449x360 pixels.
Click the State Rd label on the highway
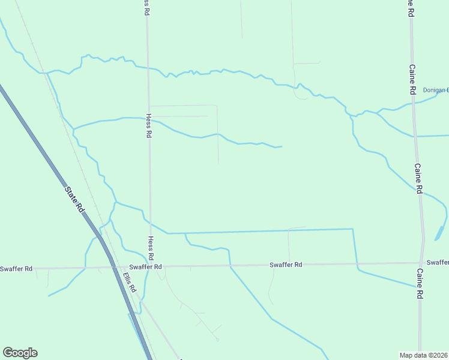(x=75, y=200)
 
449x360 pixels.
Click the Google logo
(x=20, y=353)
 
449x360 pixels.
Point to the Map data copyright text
(x=424, y=355)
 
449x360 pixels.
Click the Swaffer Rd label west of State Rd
(x=16, y=269)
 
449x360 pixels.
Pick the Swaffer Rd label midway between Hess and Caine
(x=285, y=265)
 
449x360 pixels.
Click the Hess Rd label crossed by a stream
(x=148, y=127)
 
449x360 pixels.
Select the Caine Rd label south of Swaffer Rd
(x=420, y=284)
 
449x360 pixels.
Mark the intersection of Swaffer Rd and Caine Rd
(x=420, y=263)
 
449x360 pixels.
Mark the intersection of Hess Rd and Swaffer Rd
(x=150, y=266)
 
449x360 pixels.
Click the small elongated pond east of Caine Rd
(x=440, y=232)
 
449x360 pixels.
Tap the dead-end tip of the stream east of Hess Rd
(x=282, y=146)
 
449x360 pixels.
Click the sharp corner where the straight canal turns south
(x=352, y=229)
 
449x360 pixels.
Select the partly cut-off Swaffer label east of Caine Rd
(x=438, y=263)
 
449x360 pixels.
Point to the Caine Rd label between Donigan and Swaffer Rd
(x=418, y=178)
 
